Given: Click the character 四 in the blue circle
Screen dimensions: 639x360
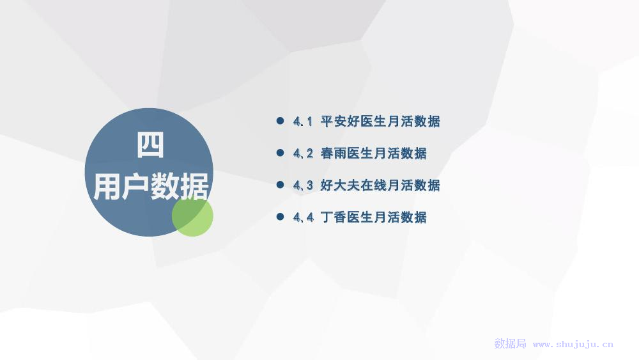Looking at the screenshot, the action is pos(150,145).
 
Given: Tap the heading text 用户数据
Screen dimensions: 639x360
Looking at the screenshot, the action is pos(151,186).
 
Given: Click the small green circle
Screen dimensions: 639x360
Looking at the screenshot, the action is pos(192,215).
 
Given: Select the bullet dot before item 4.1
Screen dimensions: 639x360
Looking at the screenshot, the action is pos(280,121).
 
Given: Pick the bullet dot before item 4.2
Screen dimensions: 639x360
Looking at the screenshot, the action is pos(280,152).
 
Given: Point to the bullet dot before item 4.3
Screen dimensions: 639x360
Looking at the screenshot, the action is pos(280,185).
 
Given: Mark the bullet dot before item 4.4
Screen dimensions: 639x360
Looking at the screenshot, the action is pos(280,217).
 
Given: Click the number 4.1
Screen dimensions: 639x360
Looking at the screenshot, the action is pos(303,121).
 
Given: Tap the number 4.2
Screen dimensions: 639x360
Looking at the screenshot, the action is pos(303,153).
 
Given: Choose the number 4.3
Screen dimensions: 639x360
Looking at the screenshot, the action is pos(303,185).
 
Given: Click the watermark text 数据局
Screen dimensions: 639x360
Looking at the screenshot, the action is pos(510,343).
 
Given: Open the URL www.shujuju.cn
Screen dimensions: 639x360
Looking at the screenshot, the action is pos(573,345).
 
